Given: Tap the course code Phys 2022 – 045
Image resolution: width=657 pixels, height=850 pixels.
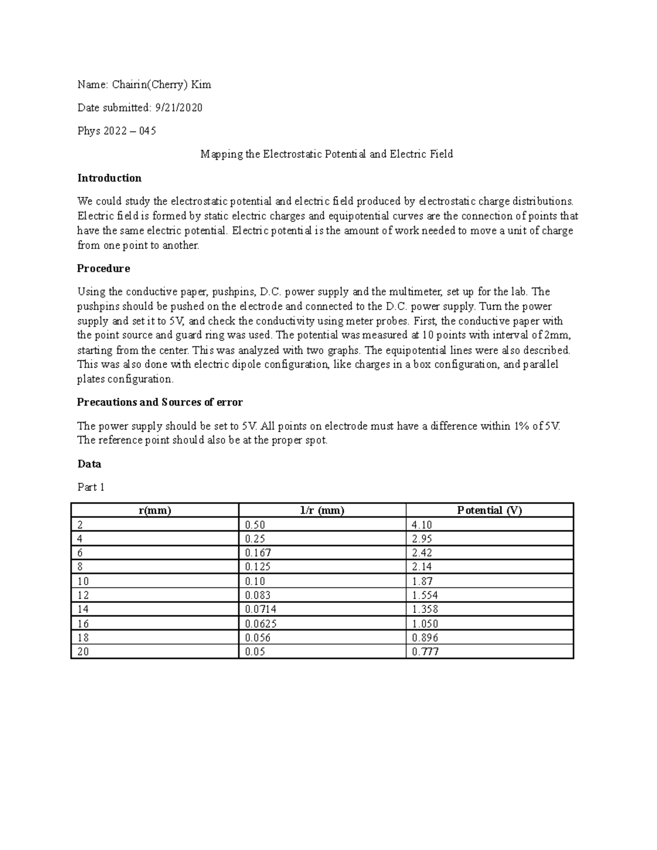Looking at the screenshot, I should tap(117, 131).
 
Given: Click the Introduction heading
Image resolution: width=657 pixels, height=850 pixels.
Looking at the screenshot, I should tap(109, 178).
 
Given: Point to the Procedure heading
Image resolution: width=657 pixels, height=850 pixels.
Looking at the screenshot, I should tap(103, 269).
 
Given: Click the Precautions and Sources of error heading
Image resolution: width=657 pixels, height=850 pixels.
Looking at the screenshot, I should tap(160, 402).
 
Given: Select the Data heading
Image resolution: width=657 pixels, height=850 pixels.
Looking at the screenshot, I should tap(89, 464).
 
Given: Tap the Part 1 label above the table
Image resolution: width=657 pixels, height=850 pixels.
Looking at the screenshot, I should tap(91, 487).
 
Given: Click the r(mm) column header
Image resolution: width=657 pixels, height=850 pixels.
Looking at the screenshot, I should tap(155, 511).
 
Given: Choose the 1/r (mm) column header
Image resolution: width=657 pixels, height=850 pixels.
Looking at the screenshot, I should tap(322, 511).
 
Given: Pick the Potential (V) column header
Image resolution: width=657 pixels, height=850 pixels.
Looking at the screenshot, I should tap(489, 511).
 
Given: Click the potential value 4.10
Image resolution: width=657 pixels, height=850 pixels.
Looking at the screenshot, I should tap(422, 525).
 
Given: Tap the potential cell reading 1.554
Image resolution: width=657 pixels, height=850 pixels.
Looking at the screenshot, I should tap(425, 595).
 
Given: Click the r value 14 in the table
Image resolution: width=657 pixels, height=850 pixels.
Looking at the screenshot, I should tap(83, 609).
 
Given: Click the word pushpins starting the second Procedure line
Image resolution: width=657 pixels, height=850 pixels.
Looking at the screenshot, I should tap(97, 307).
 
